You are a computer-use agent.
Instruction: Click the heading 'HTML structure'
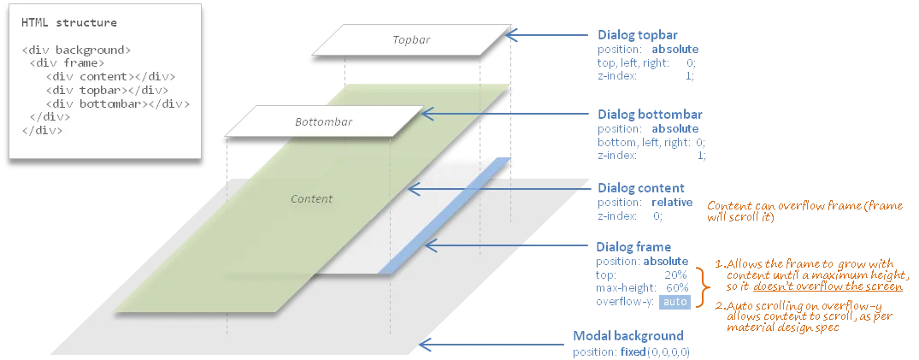(69, 22)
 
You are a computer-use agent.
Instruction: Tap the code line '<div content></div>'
(109, 77)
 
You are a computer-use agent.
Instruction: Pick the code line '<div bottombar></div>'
(117, 104)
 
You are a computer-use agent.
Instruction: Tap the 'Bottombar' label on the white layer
(323, 122)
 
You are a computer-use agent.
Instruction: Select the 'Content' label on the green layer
(311, 199)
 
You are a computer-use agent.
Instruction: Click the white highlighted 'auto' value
(675, 302)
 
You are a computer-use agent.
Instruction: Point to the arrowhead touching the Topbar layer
(513, 36)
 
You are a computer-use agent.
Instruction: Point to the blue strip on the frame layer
(445, 218)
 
